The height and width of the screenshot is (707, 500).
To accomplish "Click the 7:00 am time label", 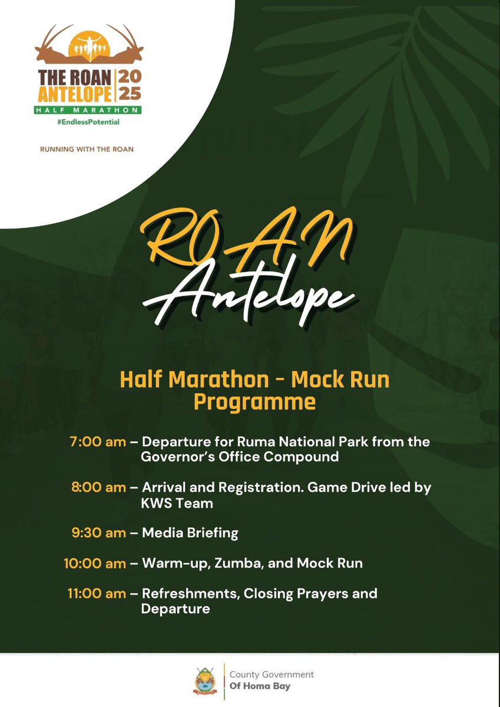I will (x=98, y=442).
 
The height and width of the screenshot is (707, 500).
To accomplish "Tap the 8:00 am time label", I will (x=98, y=488).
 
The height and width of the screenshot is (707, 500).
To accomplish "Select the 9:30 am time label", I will (x=98, y=533).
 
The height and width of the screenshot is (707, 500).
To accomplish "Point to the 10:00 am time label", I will (x=95, y=563).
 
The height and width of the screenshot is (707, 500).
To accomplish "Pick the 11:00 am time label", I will (x=97, y=593).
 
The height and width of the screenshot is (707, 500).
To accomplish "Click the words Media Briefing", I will (x=190, y=533).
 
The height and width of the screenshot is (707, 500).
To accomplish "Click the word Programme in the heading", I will (x=254, y=402).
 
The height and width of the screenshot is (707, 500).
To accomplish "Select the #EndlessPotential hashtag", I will (x=87, y=122).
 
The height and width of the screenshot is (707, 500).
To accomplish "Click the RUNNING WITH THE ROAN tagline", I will (x=87, y=149).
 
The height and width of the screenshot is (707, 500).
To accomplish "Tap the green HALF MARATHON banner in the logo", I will (x=87, y=110).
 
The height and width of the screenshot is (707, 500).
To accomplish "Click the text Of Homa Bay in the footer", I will (x=260, y=686).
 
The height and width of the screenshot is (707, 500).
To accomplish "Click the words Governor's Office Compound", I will (x=240, y=457).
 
